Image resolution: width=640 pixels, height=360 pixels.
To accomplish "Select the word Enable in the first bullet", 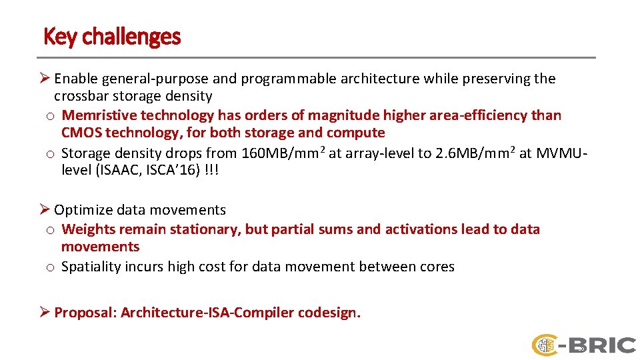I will [76, 79].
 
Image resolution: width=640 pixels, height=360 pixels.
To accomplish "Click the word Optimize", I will [83, 210].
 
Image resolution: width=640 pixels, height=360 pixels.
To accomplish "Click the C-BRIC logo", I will [583, 345].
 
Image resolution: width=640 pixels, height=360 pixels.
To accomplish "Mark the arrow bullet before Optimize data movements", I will [47, 210].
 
